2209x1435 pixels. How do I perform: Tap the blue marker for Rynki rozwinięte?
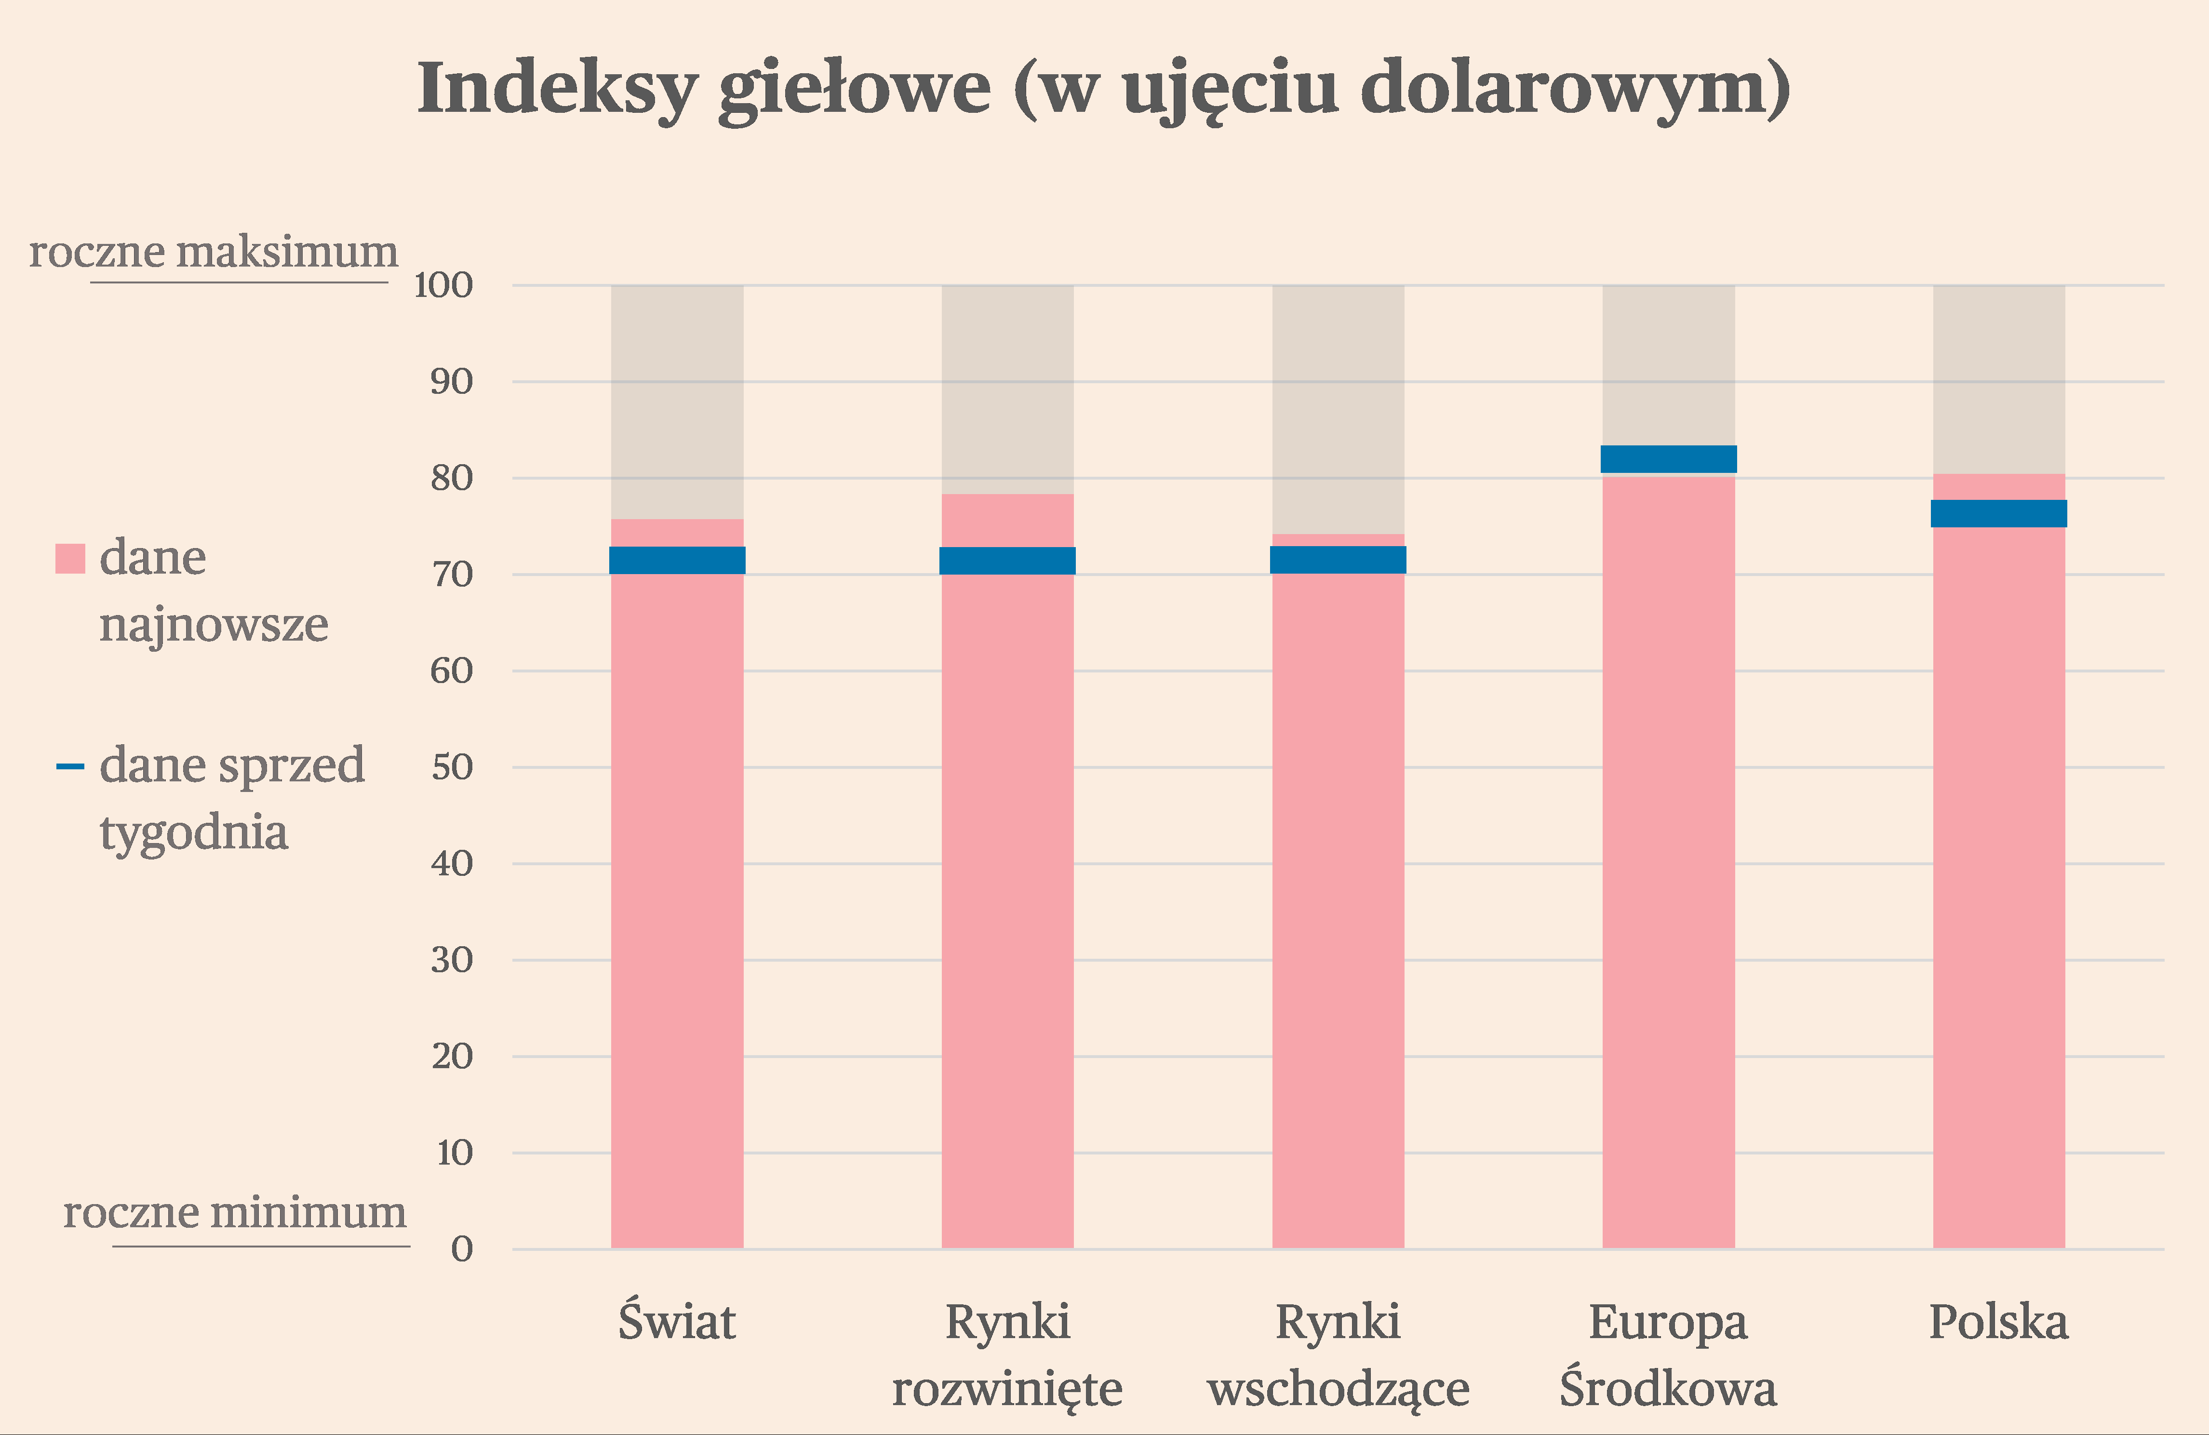tap(1007, 561)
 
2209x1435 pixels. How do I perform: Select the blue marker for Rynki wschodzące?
tap(1338, 560)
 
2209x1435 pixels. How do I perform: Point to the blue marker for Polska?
tap(1998, 513)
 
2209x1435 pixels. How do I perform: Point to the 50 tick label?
tap(452, 767)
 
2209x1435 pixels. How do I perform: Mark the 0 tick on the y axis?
tap(461, 1249)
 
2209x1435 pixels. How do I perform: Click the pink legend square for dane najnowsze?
tap(70, 559)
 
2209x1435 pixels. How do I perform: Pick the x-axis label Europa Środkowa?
tap(1668, 1355)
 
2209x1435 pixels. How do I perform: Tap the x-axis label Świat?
tap(677, 1322)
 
